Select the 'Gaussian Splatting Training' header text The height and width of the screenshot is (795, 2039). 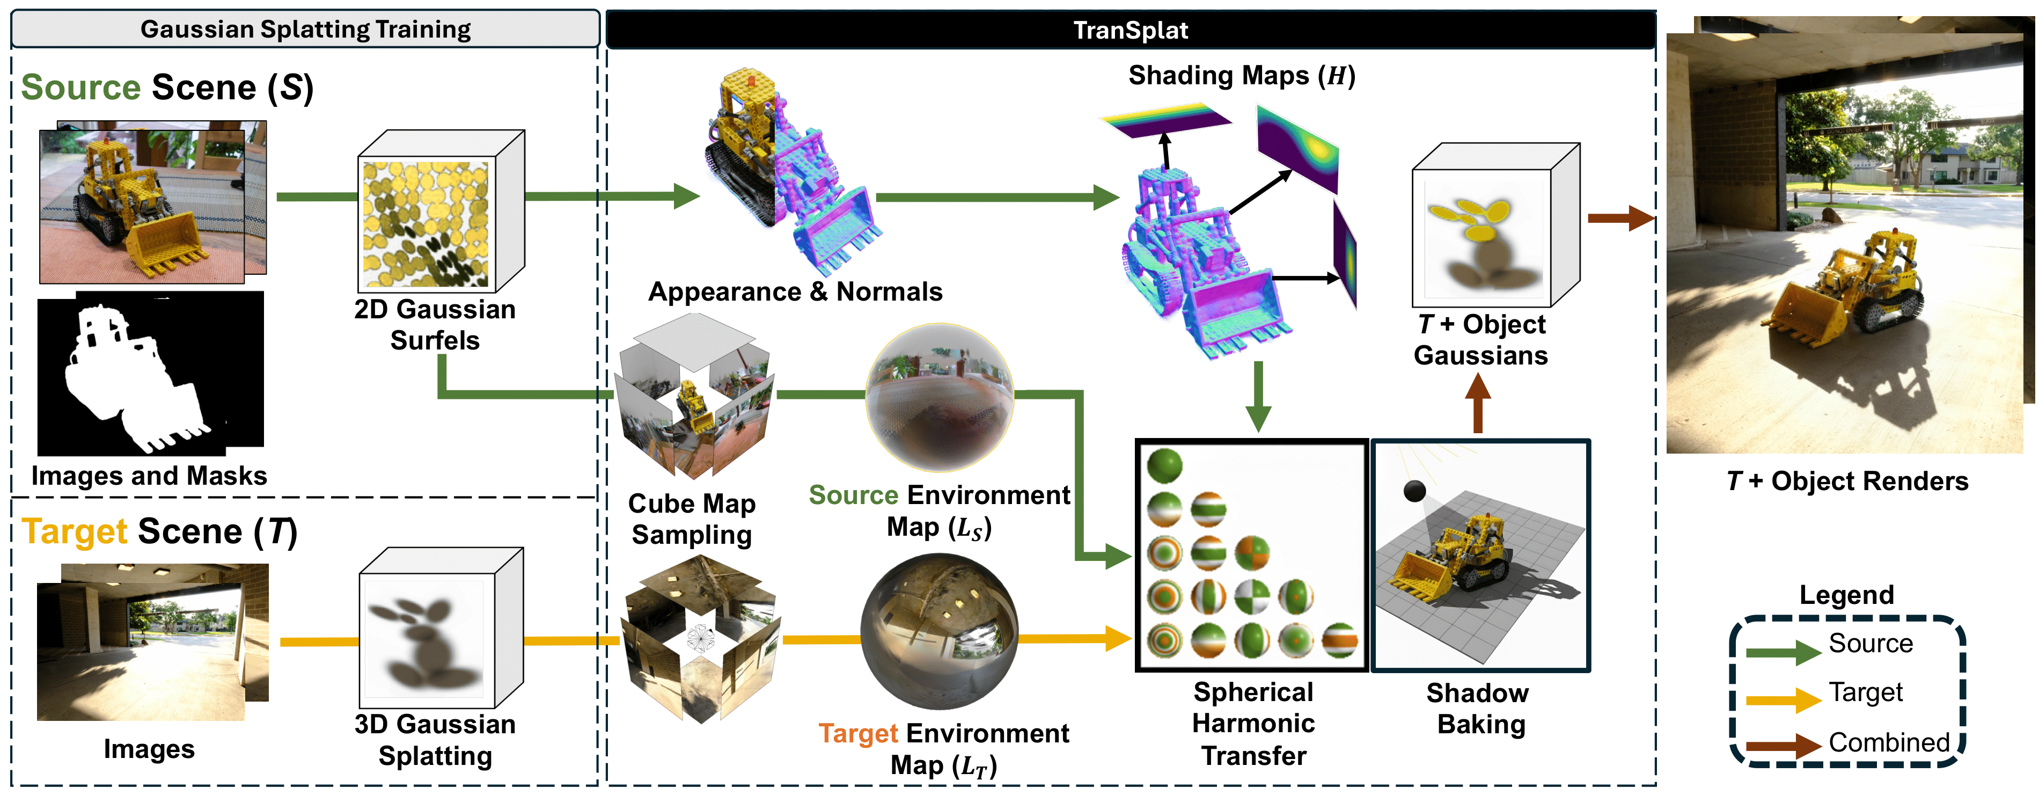pyautogui.click(x=305, y=30)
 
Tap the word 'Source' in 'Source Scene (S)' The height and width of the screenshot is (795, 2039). pyautogui.click(x=80, y=87)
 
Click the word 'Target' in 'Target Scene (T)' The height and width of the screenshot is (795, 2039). pyautogui.click(x=75, y=531)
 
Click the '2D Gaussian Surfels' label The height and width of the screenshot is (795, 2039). pyautogui.click(x=435, y=325)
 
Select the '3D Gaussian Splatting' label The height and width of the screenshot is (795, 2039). pyautogui.click(x=435, y=740)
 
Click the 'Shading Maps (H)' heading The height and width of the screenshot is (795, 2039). pyautogui.click(x=1241, y=75)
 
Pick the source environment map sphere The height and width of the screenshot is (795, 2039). pyautogui.click(x=940, y=396)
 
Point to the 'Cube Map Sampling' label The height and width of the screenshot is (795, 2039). pyautogui.click(x=691, y=519)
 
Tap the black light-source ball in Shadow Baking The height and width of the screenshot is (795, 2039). pyautogui.click(x=1414, y=491)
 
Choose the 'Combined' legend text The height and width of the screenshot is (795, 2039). pyautogui.click(x=1889, y=742)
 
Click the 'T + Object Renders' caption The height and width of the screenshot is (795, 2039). pyautogui.click(x=1847, y=480)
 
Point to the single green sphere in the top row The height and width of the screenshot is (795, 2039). pyautogui.click(x=1164, y=465)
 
